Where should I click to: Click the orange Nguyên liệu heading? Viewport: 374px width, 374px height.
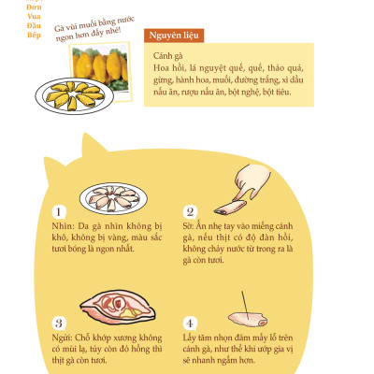(x=176, y=36)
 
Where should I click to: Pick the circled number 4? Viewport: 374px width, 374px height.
(x=190, y=323)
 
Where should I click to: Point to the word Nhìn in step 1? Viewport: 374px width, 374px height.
(x=63, y=226)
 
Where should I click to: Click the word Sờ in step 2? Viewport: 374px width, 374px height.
(x=189, y=226)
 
